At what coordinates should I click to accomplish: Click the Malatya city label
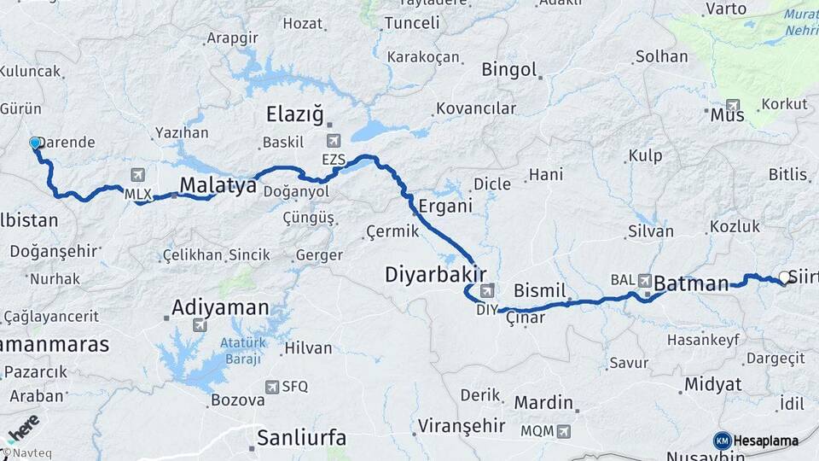[x=218, y=185]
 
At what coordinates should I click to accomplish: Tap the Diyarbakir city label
[x=435, y=274]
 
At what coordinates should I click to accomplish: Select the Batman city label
[x=692, y=283]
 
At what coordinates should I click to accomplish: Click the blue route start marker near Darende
[x=35, y=143]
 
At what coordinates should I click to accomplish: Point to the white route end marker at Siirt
[x=784, y=277]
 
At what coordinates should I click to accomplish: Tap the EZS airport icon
[x=334, y=140]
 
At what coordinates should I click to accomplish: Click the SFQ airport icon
[x=272, y=387]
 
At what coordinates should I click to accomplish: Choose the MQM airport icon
[x=563, y=431]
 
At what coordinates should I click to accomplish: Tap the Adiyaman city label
[x=220, y=306]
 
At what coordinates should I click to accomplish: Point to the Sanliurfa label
[x=302, y=438]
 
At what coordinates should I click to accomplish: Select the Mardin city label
[x=543, y=402]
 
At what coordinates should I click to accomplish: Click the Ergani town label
[x=445, y=206]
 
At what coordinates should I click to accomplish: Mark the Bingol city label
[x=509, y=69]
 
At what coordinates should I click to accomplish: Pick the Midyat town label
[x=712, y=384]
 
